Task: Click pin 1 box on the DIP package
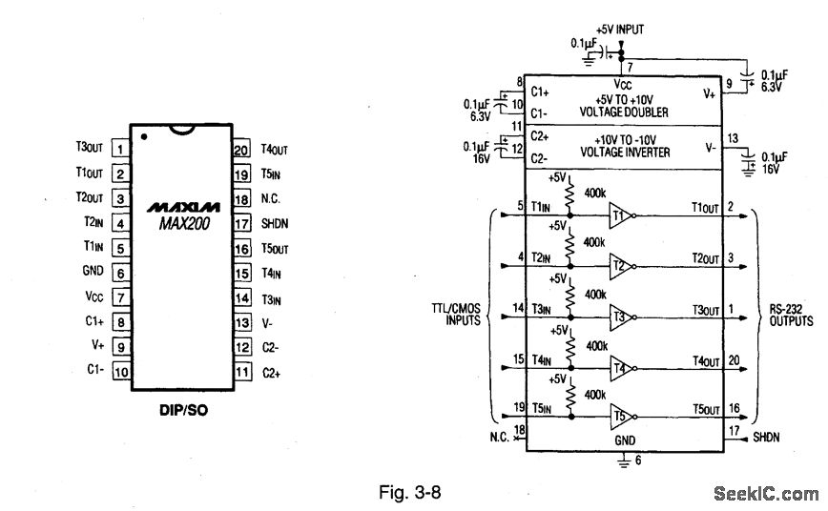[x=121, y=149]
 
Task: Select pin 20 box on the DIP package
[x=240, y=149]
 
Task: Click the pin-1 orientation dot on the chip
[x=143, y=135]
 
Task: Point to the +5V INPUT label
[x=619, y=30]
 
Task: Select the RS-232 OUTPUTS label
[x=791, y=316]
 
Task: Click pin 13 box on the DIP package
[x=240, y=323]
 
